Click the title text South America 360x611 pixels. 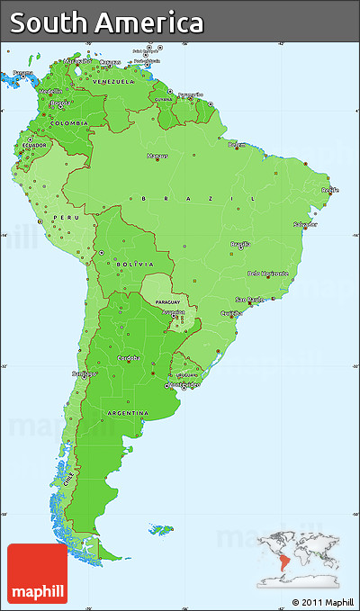coord(107,22)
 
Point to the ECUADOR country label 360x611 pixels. coord(35,145)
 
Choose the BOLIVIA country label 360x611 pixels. coord(135,264)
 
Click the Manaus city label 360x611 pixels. coord(158,155)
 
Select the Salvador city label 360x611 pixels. coord(304,223)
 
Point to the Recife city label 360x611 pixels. coord(330,190)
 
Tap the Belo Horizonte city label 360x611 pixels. coord(267,273)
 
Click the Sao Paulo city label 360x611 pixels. coord(248,299)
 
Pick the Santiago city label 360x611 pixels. coord(84,373)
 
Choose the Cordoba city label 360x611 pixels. coord(127,357)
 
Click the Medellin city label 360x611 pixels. coord(51,91)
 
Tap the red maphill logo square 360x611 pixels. coord(37,573)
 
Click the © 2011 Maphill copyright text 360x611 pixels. coord(323,601)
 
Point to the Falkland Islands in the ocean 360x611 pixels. coord(162,528)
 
